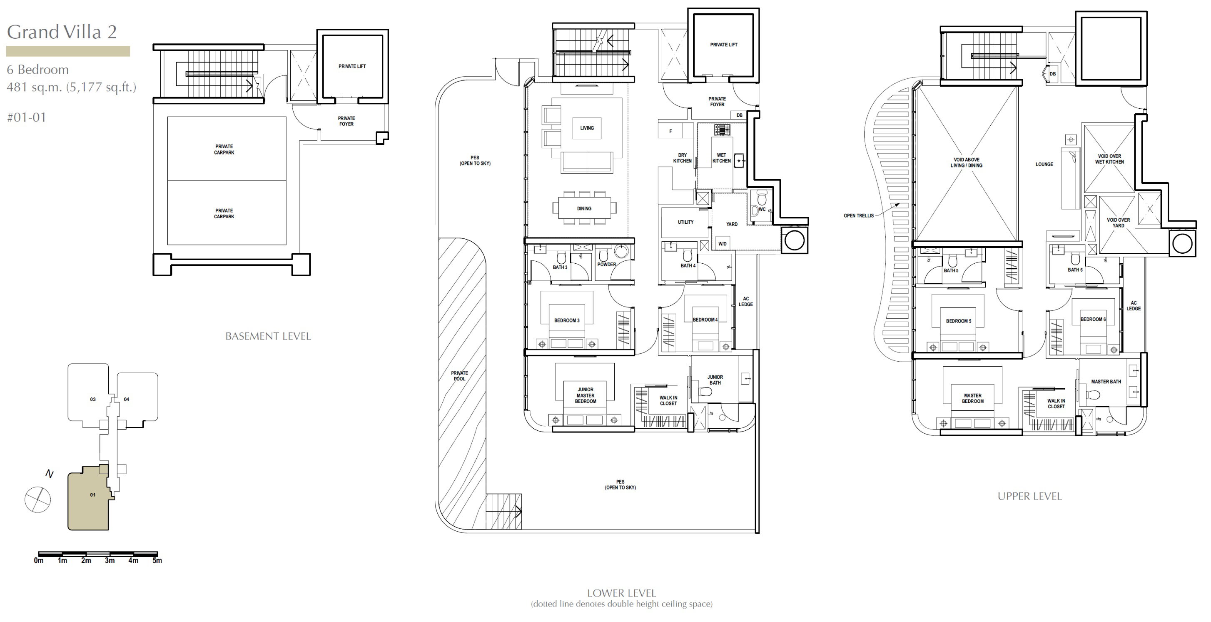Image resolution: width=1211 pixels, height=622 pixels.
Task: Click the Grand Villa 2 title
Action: (x=62, y=32)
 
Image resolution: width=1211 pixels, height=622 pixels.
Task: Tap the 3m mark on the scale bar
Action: (x=110, y=560)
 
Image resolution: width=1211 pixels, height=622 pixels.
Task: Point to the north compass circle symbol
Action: (x=37, y=499)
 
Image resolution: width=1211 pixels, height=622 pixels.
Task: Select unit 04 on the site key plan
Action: (x=127, y=399)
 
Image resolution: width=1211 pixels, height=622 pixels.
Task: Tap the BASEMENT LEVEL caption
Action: (x=268, y=336)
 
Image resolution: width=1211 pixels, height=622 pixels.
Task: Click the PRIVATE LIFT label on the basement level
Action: (x=352, y=66)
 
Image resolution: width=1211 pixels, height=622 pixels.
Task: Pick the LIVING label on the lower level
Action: (x=587, y=128)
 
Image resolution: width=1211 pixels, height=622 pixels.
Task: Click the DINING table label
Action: (x=584, y=209)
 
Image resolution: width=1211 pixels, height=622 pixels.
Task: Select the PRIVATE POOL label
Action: (x=459, y=376)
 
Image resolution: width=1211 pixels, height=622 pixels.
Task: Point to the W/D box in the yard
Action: (x=723, y=244)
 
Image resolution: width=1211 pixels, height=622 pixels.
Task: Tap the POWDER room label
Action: (x=606, y=265)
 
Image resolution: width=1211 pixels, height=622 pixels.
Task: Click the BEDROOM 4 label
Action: (x=705, y=320)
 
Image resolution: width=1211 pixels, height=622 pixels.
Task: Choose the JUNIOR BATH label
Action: (x=715, y=380)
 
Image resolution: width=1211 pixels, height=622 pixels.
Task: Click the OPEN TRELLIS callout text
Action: (x=858, y=216)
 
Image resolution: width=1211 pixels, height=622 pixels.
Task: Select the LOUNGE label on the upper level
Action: (x=1044, y=165)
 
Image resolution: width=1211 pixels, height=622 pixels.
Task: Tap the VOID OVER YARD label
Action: (x=1119, y=223)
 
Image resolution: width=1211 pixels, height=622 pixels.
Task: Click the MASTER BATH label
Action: (x=1106, y=382)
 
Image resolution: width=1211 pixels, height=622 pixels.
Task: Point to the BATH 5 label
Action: (x=951, y=270)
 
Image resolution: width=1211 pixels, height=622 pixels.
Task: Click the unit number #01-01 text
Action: (x=27, y=117)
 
